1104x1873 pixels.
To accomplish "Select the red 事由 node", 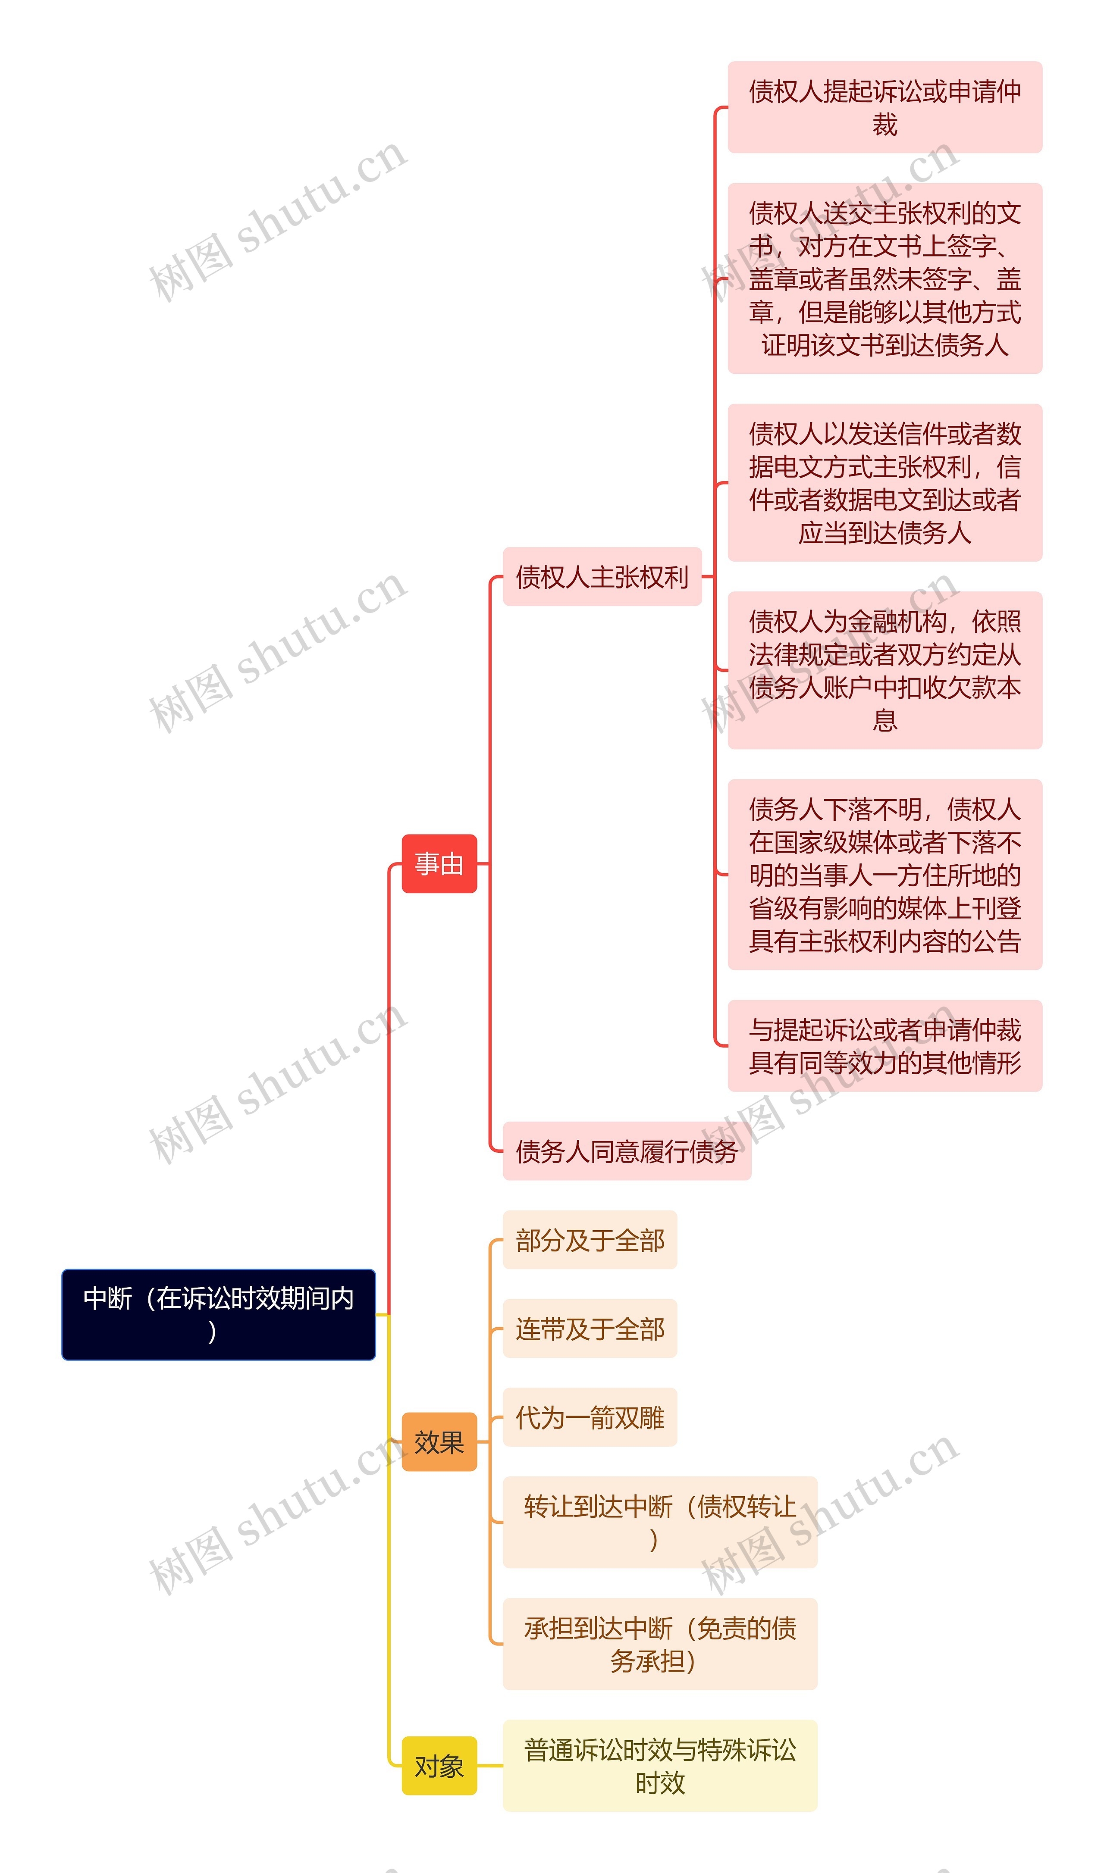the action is (439, 863).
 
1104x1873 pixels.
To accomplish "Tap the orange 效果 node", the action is (439, 1442).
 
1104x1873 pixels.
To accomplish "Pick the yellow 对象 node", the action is (439, 1765).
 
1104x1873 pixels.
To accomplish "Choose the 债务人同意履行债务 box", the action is (627, 1151).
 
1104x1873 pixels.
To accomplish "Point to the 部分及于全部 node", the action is (590, 1239).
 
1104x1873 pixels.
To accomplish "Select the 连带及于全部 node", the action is (590, 1329).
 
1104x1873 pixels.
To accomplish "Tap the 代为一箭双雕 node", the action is (590, 1417).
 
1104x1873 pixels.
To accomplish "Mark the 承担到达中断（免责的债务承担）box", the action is (660, 1644).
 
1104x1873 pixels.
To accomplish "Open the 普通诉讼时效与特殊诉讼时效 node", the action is (660, 1765).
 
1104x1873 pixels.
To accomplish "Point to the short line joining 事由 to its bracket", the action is (483, 863).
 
